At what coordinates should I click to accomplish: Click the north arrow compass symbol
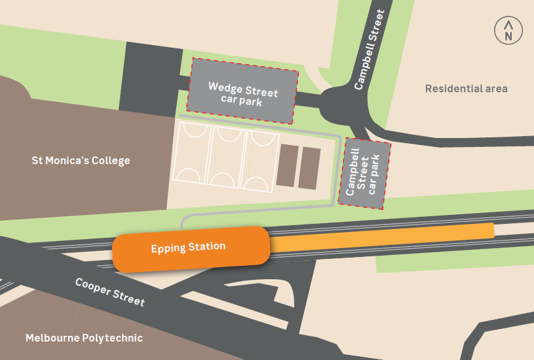(x=508, y=31)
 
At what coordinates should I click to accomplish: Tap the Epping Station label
(x=188, y=247)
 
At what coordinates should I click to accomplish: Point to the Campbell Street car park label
(x=362, y=172)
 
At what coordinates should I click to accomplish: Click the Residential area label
(x=466, y=88)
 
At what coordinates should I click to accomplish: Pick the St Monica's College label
(x=81, y=160)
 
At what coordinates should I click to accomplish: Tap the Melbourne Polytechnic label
(x=84, y=338)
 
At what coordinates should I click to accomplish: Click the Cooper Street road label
(x=109, y=292)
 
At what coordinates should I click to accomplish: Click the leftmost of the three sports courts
(x=195, y=153)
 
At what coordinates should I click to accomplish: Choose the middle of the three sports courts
(x=228, y=156)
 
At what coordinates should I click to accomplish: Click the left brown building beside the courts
(x=287, y=165)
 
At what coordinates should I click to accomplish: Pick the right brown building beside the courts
(x=310, y=168)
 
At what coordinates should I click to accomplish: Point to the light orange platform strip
(x=381, y=239)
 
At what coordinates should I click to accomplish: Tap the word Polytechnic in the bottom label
(x=113, y=338)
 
